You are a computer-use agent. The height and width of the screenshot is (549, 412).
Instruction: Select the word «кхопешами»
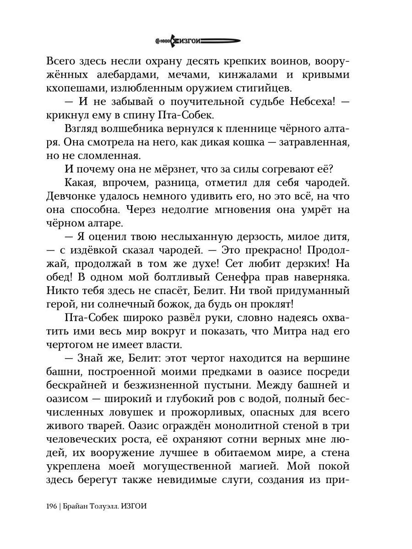pos(74,88)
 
